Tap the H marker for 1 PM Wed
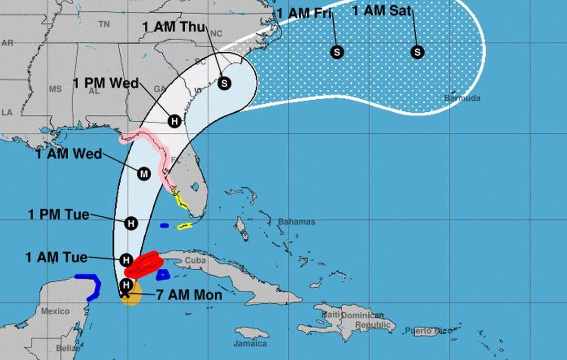[x=175, y=121]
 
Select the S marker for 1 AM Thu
[x=224, y=83]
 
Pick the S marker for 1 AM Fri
[x=337, y=52]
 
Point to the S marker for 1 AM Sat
[x=417, y=52]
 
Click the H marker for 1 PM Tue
[x=131, y=224]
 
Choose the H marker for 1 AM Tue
[x=126, y=260]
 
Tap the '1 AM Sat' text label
[x=381, y=10]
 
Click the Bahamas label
[x=297, y=222]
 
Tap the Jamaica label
[x=250, y=344]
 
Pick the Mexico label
[x=55, y=311]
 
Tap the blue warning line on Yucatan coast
[x=94, y=286]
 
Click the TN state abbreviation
[x=104, y=24]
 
